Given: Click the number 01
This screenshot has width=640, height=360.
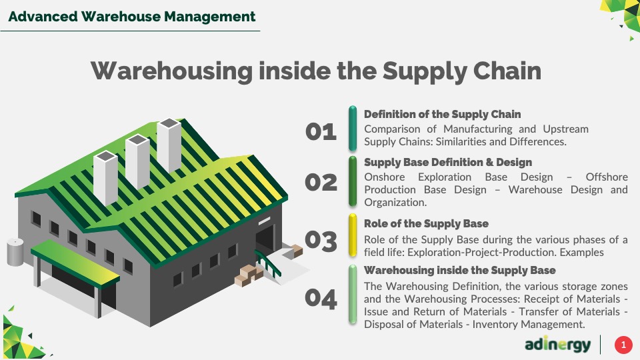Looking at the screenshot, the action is point(321,132).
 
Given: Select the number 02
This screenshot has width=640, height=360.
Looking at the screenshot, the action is point(321,182).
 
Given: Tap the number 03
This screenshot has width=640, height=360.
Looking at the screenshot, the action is point(321,241).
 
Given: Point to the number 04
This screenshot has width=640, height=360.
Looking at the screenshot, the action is point(321,299).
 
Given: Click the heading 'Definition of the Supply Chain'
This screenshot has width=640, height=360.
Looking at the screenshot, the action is point(443,114).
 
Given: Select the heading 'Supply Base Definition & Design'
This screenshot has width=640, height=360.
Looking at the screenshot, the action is point(448,163).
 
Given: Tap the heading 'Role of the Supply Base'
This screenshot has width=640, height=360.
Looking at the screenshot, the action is point(426,224).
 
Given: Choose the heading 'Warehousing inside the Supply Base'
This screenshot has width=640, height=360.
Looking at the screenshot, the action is point(459,270).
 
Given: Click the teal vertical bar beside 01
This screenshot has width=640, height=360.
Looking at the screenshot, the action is point(353,129).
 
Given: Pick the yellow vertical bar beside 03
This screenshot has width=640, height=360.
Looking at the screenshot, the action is point(353,235).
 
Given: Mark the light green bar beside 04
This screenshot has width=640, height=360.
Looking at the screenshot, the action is point(353,295).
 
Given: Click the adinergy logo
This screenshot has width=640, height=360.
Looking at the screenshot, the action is point(557,345).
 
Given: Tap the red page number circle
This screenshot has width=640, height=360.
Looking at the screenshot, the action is point(623,345).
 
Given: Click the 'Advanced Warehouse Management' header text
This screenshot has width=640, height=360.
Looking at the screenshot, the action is point(132,17).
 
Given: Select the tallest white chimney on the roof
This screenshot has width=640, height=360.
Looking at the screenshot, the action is point(169,145).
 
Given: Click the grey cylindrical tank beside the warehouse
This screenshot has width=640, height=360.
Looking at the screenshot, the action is point(15,252).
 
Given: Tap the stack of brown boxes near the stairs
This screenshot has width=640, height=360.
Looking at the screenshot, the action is point(249,275).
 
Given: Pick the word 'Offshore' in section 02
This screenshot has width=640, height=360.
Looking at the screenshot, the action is point(607,177).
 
